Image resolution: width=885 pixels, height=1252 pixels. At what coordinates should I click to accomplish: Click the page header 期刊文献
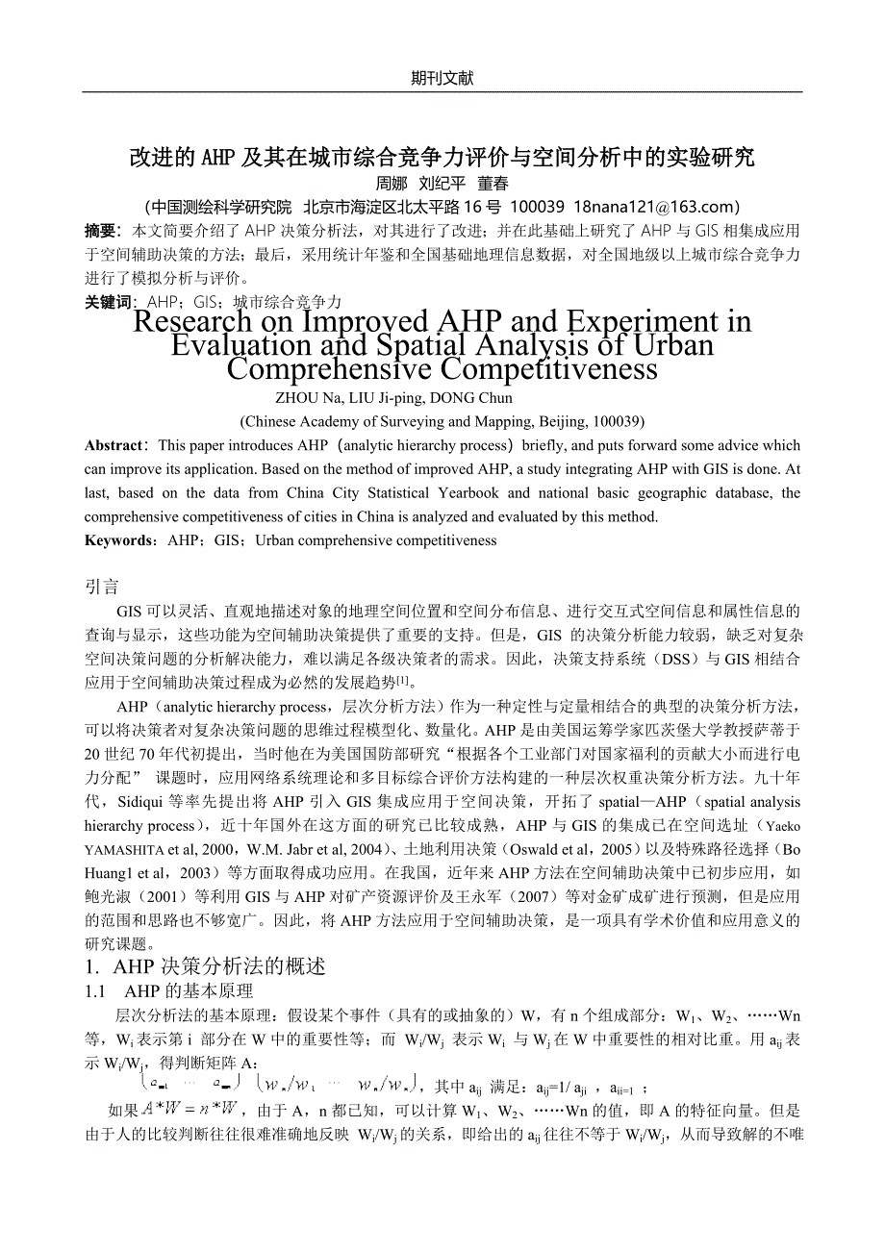pos(442,79)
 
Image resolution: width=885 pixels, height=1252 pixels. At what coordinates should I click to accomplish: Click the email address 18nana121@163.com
pos(655,207)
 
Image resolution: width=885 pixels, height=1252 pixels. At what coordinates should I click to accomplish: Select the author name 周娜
pos(391,183)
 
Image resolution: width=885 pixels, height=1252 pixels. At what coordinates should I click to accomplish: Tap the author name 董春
pos(493,183)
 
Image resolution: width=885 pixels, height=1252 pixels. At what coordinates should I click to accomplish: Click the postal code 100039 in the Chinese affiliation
pos(537,207)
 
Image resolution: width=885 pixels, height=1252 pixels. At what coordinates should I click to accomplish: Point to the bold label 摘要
pos(100,231)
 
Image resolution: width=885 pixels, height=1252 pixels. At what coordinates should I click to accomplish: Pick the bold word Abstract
pos(113,446)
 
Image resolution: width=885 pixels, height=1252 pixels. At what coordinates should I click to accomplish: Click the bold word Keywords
pos(118,540)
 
